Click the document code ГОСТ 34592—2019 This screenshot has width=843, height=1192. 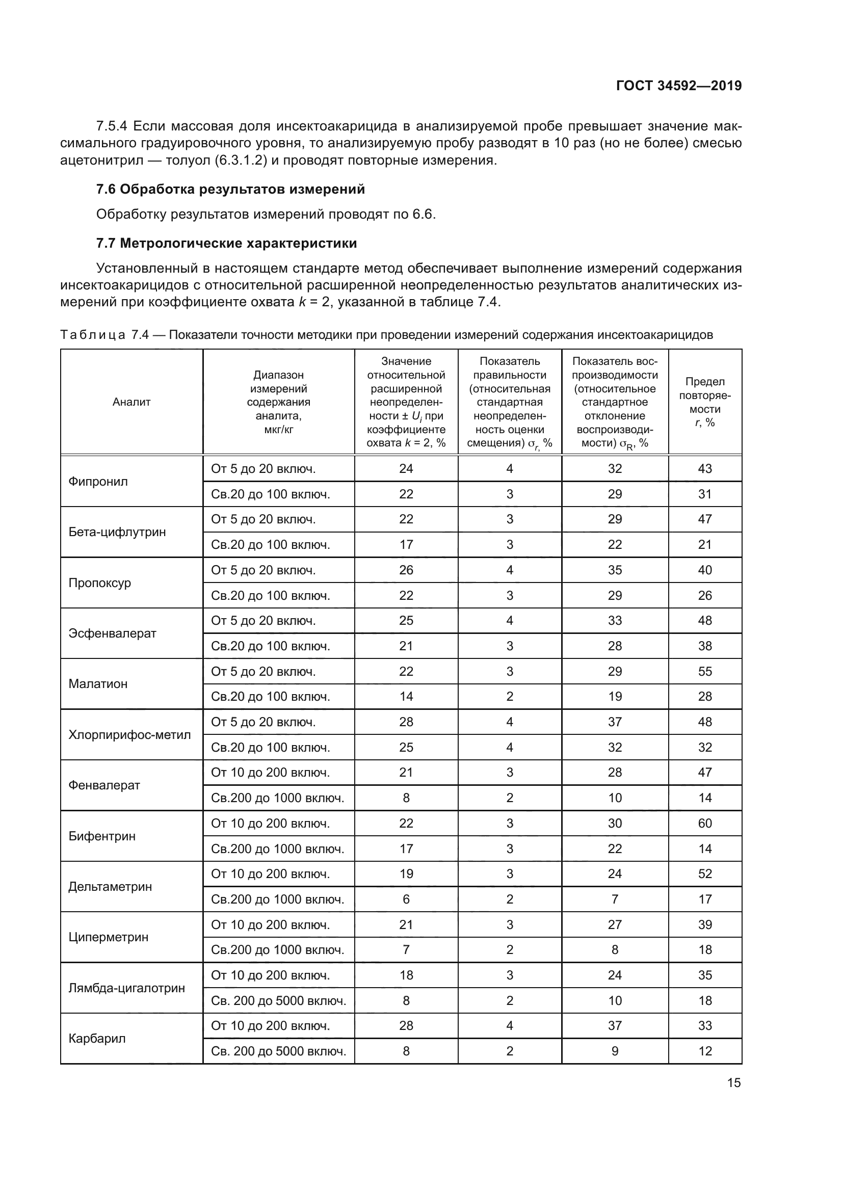coord(678,86)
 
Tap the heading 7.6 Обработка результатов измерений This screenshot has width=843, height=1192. coord(230,190)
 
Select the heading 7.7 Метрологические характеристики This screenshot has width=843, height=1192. coord(226,244)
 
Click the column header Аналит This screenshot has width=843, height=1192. coord(131,402)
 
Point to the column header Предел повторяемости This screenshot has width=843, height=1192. coord(704,402)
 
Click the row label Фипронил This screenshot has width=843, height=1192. coord(98,481)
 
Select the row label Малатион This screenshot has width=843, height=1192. coord(98,684)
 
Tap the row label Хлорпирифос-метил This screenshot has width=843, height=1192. coord(130,735)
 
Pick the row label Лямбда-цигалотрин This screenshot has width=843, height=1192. coord(127,988)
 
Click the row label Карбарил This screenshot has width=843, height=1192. coord(97,1038)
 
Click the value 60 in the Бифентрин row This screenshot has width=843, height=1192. coord(704,824)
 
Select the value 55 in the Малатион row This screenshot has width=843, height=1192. coord(704,671)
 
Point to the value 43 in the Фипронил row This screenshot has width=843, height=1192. coord(704,469)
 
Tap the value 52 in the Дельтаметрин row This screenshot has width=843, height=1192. coord(704,874)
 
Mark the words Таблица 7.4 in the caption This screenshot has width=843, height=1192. coord(104,335)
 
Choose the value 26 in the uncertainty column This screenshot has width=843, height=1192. coord(406,570)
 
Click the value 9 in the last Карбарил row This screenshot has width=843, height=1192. coord(615,1051)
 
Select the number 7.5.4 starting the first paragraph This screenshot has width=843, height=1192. coord(112,126)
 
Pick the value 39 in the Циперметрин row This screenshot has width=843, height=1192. coord(704,924)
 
